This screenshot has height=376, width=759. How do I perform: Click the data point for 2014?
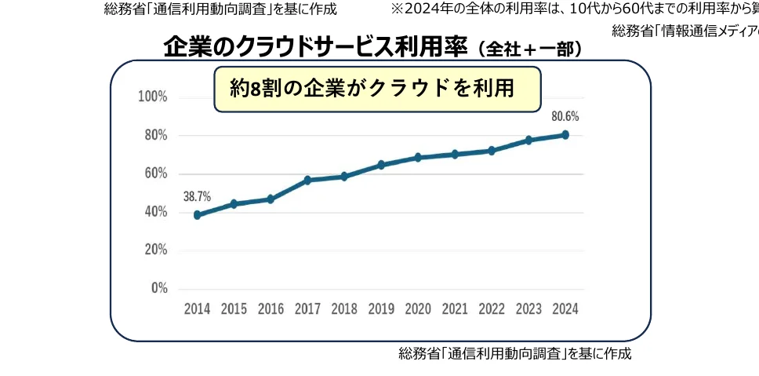[197, 214]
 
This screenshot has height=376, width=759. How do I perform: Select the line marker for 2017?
[307, 180]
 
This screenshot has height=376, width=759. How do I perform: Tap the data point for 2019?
[381, 165]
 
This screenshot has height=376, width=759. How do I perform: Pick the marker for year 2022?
[492, 150]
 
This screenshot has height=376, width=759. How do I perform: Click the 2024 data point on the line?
[565, 134]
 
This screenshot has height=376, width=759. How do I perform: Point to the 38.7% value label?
[197, 196]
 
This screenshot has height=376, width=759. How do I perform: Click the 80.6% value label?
[565, 116]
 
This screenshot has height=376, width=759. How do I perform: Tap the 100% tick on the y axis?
[153, 97]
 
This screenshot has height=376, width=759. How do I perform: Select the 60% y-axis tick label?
[155, 173]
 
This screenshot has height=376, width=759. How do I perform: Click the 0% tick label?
[159, 288]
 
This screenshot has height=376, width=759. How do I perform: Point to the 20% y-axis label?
[155, 250]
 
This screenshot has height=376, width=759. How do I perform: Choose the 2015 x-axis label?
[234, 308]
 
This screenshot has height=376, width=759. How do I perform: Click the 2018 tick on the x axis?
[344, 308]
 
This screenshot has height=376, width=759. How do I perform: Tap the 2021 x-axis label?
[455, 308]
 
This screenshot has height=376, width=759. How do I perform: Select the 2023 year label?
[528, 308]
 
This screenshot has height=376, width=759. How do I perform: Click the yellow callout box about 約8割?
[377, 89]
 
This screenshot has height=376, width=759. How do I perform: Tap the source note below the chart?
[514, 353]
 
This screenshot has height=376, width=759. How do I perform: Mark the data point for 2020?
[418, 157]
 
